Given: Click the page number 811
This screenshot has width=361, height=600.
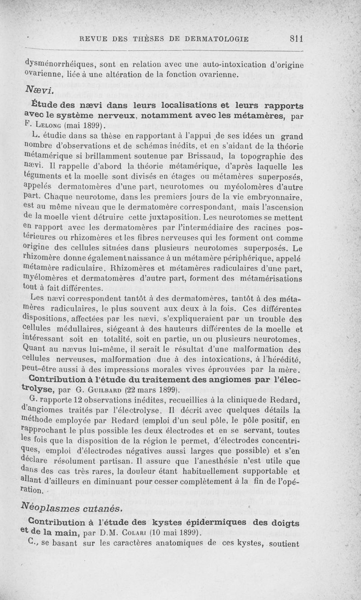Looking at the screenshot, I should click(x=296, y=39).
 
